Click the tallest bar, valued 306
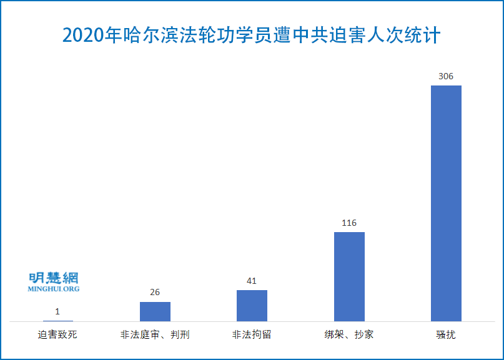click(x=446, y=203)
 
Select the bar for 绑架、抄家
click(x=349, y=276)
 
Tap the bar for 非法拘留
click(x=252, y=306)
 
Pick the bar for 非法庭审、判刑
click(x=155, y=311)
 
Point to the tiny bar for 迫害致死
click(x=58, y=321)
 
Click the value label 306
click(x=446, y=76)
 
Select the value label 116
click(x=349, y=223)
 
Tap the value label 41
click(x=252, y=281)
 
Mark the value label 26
click(x=155, y=292)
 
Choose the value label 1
click(x=58, y=311)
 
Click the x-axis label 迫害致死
click(x=58, y=334)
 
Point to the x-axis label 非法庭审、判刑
click(x=155, y=334)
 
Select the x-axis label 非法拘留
click(x=252, y=334)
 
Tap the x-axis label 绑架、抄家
click(x=349, y=334)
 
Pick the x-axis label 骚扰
click(x=446, y=334)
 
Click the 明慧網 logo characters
click(x=54, y=278)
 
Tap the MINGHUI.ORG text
click(x=54, y=289)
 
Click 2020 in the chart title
click(x=84, y=36)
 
